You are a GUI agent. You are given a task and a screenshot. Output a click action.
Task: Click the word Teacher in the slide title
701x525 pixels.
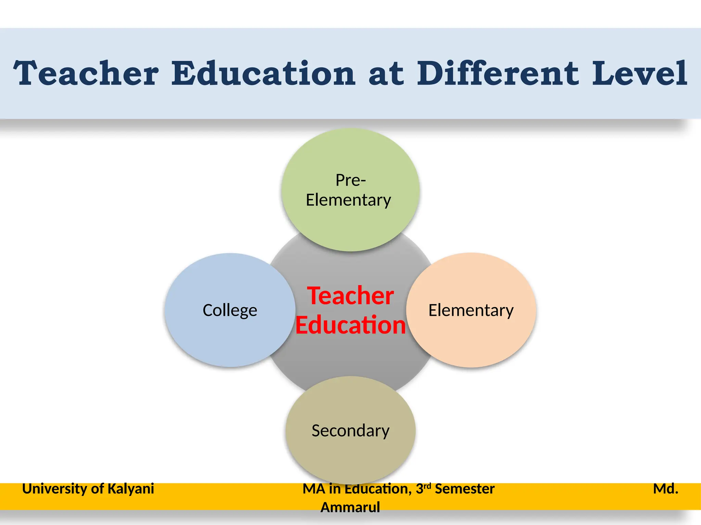click(x=86, y=73)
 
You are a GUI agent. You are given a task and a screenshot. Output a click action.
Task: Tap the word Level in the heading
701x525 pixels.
click(x=639, y=73)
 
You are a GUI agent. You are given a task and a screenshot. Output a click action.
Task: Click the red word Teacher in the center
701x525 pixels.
click(x=350, y=296)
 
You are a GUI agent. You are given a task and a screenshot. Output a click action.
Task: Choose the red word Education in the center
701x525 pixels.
click(x=350, y=325)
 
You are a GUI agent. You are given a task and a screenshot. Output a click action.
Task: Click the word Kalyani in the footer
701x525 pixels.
click(x=131, y=489)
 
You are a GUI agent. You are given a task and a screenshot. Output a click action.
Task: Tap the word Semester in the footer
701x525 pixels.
click(x=464, y=489)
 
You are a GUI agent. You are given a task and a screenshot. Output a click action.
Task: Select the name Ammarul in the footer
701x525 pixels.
click(x=350, y=507)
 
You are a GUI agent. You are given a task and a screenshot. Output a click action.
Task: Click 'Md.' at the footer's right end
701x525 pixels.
click(x=665, y=489)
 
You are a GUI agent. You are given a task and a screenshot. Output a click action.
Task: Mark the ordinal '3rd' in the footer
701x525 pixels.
click(x=423, y=489)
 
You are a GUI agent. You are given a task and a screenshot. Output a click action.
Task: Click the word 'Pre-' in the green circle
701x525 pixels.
click(x=350, y=180)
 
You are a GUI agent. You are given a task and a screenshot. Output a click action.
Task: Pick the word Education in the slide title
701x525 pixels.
click(x=263, y=73)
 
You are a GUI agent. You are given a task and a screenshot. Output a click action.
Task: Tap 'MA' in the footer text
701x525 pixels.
click(x=314, y=489)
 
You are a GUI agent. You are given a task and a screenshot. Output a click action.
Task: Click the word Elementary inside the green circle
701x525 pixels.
click(x=348, y=200)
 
